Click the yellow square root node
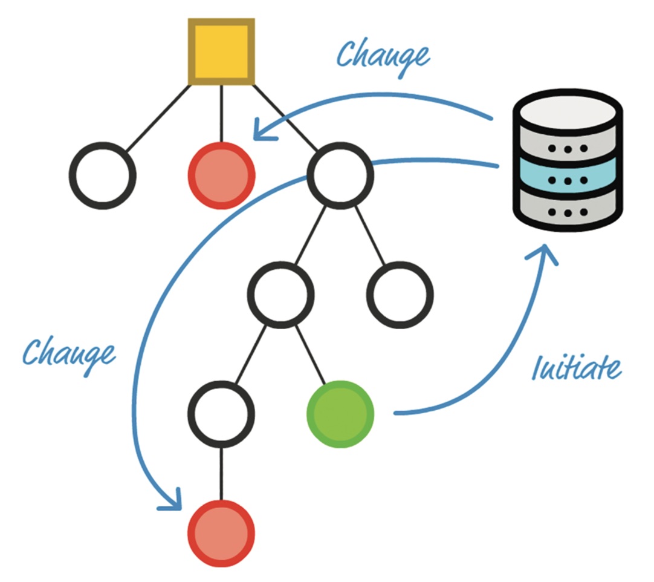tap(221, 52)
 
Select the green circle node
tap(340, 414)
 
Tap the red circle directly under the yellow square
tap(221, 175)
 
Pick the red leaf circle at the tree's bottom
tap(221, 534)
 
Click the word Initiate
tap(575, 367)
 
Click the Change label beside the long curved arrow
tap(68, 352)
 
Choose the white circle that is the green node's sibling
tap(221, 414)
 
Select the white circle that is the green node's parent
tap(282, 295)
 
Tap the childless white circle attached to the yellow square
tap(103, 175)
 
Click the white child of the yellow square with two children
tap(340, 175)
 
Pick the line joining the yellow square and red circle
tap(221, 114)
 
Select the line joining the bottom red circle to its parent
tap(221, 474)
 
